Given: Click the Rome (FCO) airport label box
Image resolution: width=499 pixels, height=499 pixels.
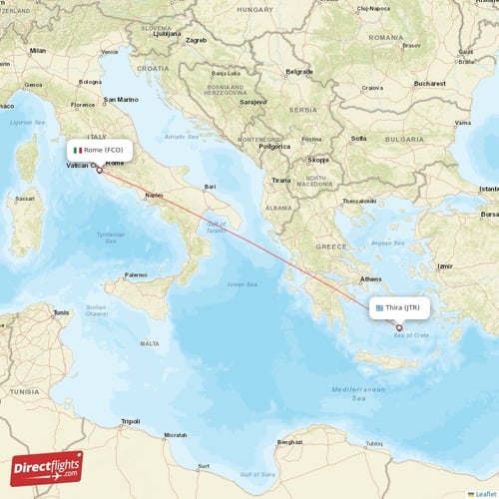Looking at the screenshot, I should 100,150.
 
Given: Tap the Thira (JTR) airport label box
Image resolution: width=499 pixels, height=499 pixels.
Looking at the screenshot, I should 401,308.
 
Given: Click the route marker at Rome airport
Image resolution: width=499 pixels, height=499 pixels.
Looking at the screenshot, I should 99,170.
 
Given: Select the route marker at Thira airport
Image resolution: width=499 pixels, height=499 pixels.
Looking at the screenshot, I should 399,327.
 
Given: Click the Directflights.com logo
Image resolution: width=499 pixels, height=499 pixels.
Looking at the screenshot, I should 46,467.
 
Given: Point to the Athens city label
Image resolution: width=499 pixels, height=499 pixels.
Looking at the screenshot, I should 371,279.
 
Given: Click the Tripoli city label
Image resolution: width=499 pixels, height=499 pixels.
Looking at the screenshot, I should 130,421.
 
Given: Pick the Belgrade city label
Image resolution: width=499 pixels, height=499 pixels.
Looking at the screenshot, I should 298,72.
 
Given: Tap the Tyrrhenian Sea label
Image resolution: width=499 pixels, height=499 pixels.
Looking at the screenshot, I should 111,237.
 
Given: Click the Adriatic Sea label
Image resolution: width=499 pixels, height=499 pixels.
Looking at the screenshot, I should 181,136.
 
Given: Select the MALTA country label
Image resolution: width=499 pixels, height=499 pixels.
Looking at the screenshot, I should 150,343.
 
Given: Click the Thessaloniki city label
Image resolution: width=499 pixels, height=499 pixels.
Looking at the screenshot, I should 358,201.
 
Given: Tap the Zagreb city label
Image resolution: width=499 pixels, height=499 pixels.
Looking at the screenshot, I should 196,41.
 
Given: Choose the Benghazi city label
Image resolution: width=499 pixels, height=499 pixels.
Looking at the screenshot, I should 289,440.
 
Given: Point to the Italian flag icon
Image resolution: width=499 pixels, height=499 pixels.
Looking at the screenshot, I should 78,150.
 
